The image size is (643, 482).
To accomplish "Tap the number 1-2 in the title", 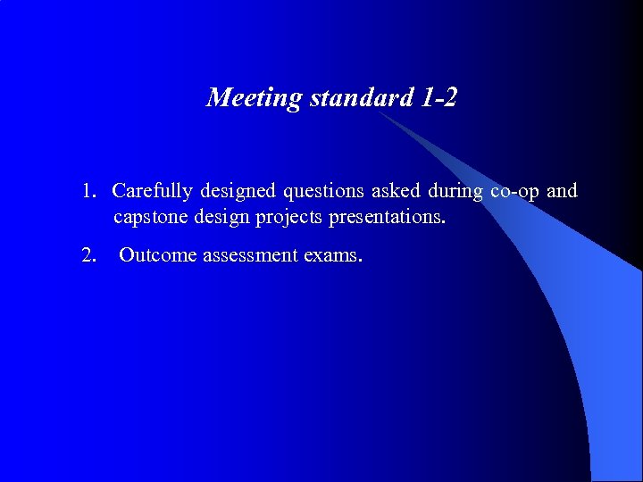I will [437, 98].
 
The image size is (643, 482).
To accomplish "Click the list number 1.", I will [88, 191].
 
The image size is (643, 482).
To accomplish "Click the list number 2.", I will [88, 255].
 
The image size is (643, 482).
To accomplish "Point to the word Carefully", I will [153, 191].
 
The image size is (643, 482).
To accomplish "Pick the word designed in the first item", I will [236, 192].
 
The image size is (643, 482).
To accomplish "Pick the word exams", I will [333, 255].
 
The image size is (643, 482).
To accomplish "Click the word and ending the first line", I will [562, 191].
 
